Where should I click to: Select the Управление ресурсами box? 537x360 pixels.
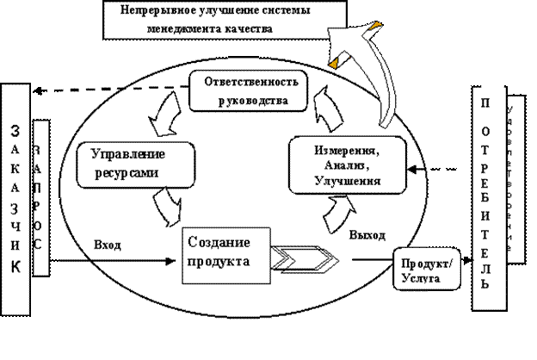coord(127,164)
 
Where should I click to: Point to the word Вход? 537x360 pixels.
coord(108,245)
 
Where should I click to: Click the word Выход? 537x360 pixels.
coord(367,234)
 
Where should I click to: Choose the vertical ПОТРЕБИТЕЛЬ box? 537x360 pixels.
coord(486,197)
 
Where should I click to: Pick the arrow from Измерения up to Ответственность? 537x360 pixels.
coord(324,109)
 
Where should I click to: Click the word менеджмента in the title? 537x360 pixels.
coord(202,27)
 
